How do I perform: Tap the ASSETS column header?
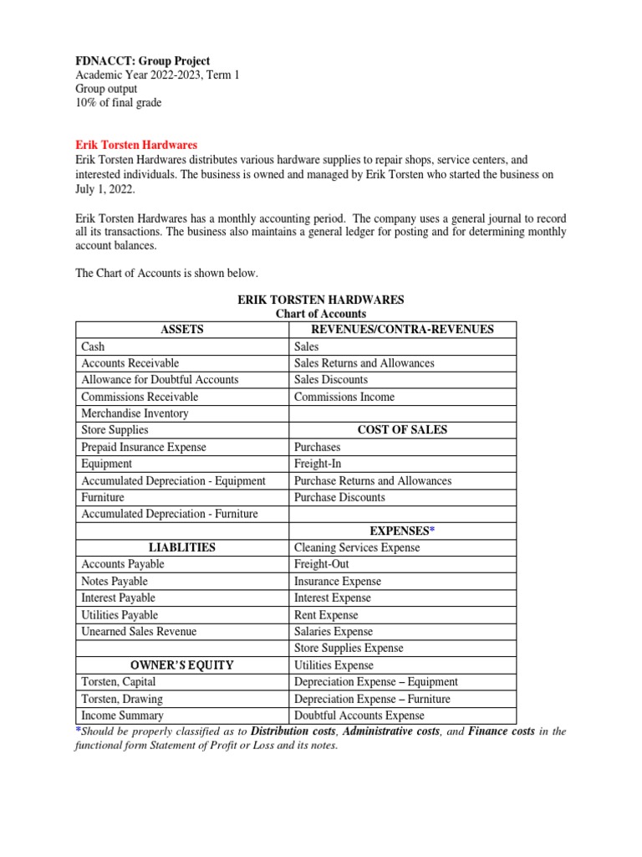click(181, 329)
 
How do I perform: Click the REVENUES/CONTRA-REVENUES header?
click(402, 329)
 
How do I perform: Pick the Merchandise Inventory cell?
click(135, 413)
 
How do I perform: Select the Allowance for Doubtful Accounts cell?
click(160, 380)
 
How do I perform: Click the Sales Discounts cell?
click(331, 380)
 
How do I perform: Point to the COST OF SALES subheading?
click(402, 430)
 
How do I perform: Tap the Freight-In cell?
click(318, 464)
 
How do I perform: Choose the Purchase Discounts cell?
click(339, 497)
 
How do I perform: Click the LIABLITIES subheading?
click(181, 547)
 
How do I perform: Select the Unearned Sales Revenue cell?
click(139, 632)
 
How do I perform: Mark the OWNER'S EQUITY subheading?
click(181, 665)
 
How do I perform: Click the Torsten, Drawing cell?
click(122, 699)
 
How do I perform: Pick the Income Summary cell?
click(122, 716)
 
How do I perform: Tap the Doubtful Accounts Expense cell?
click(359, 716)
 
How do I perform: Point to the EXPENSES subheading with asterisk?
click(402, 531)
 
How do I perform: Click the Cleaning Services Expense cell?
click(357, 547)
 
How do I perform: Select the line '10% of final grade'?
click(118, 103)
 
